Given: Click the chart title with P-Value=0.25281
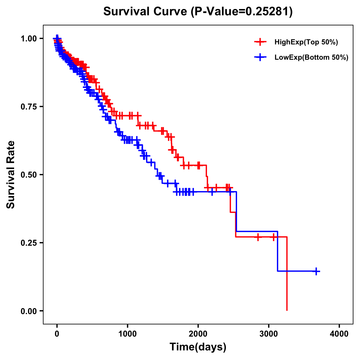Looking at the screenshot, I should pos(198,12).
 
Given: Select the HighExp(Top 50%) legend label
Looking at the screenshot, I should pos(306,42).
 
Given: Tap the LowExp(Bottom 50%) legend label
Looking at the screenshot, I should pos(311,58).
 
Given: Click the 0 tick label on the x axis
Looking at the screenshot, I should pos(57,334).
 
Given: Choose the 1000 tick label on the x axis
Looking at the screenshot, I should pos(127,334).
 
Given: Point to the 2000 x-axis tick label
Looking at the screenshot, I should pos(198,334).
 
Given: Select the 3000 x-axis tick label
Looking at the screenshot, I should pos(269,334).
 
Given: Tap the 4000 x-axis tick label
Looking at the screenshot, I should pos(339,334).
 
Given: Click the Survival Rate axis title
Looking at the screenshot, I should pos(11,175).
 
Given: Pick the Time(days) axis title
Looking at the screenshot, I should pos(198,347).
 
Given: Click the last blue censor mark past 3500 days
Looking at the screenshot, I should pos(316,271).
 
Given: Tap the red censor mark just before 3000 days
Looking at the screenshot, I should pos(258,237).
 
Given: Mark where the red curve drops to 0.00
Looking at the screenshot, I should pos(287,310).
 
